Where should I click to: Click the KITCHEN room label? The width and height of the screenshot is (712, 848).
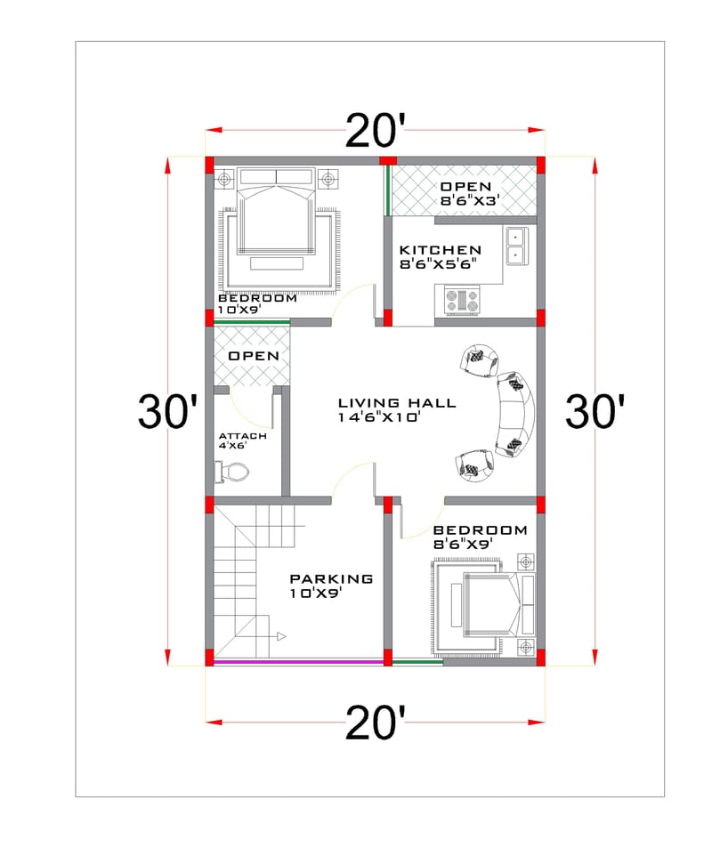tap(440, 250)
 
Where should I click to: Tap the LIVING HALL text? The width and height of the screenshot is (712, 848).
tap(396, 403)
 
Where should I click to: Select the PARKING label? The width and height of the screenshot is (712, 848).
tap(331, 578)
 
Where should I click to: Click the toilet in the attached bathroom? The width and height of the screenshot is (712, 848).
tap(228, 472)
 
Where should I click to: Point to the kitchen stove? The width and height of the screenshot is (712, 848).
tap(461, 300)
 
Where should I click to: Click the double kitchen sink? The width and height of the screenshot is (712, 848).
tap(515, 246)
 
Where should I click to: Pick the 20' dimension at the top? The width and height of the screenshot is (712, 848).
tap(375, 132)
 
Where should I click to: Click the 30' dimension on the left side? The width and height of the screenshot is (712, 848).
tap(167, 412)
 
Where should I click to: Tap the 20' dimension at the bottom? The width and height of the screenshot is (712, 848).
tap(375, 723)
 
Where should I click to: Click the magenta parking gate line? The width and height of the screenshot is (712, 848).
tap(297, 661)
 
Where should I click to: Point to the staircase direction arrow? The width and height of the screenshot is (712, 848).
tap(280, 636)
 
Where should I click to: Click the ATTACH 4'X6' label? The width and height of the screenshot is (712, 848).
tap(242, 440)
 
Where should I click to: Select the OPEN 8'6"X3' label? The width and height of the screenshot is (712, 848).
tap(465, 193)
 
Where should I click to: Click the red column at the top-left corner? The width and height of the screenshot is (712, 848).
tap(210, 165)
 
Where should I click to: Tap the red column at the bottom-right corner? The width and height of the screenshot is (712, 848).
tap(540, 658)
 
